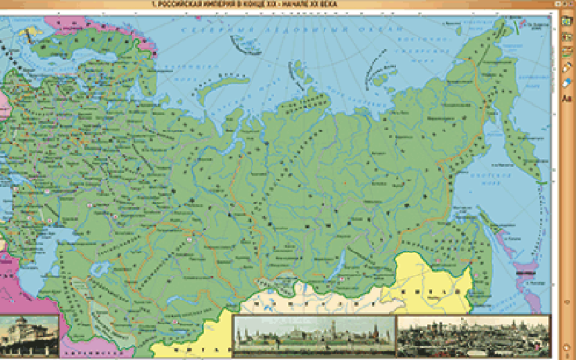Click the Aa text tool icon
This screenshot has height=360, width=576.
[566, 98]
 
